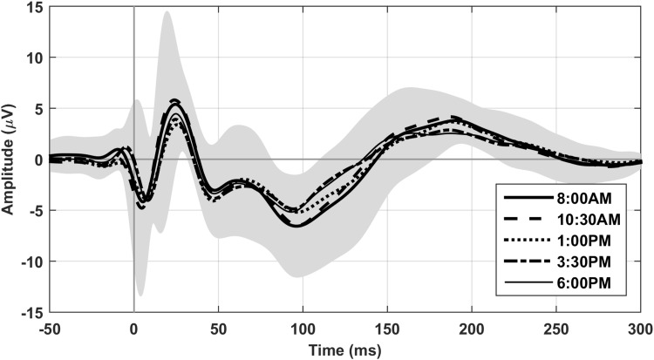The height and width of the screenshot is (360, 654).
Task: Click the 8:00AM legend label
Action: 589,196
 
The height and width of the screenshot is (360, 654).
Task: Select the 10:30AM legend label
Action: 593,218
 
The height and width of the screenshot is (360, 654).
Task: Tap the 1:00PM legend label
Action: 589,240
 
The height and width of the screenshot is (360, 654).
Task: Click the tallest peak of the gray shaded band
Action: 166,12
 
